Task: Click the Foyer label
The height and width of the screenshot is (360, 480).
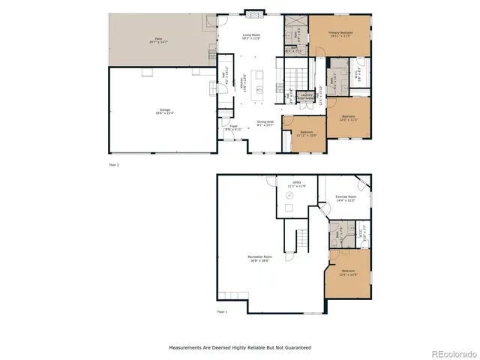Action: (x=233, y=127)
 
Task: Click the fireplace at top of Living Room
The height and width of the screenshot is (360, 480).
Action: (x=251, y=14)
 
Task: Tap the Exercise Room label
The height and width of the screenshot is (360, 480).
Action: (x=344, y=199)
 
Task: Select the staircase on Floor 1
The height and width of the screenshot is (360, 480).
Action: (x=301, y=241)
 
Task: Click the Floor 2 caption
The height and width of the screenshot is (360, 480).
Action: (x=114, y=163)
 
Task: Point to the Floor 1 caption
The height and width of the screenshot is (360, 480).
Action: (x=222, y=311)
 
